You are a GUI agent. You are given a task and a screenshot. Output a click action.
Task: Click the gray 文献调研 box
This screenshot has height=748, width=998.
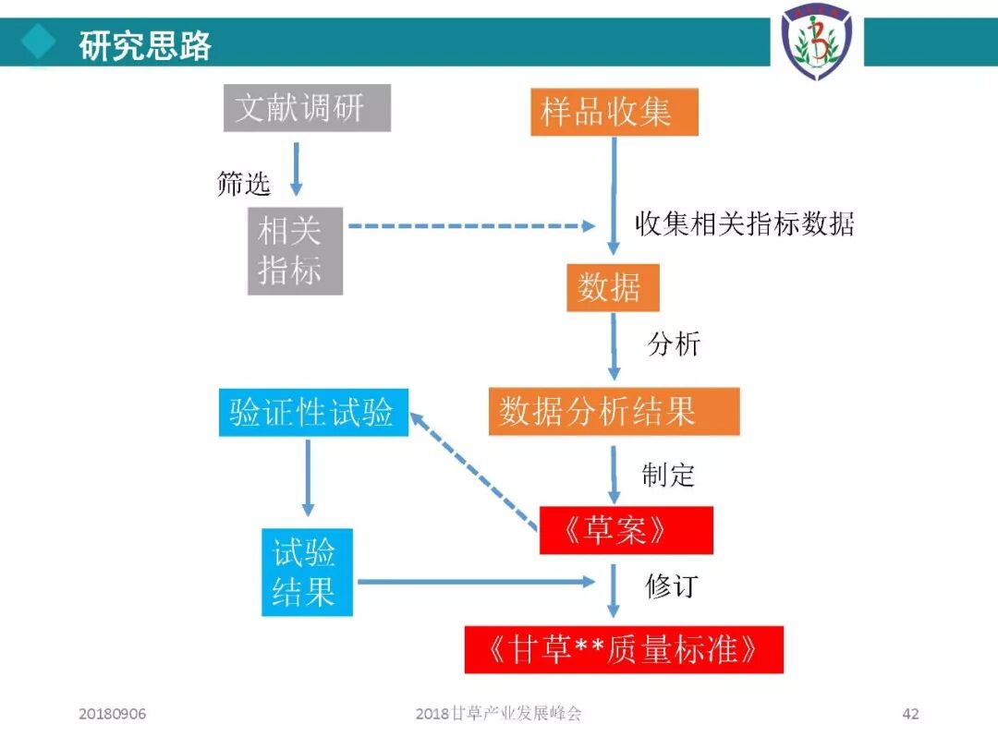click(307, 108)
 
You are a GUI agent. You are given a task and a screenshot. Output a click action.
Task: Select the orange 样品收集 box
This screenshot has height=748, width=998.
click(614, 112)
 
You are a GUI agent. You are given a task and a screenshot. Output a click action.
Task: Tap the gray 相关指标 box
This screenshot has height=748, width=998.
click(295, 250)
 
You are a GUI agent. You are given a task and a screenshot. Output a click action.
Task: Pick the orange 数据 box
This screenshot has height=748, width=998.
click(613, 287)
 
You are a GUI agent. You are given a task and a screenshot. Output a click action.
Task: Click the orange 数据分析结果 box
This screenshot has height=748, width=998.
click(614, 411)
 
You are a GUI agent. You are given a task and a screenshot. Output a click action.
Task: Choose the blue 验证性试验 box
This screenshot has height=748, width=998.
click(313, 413)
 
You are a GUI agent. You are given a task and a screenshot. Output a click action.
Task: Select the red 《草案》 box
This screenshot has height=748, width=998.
click(626, 530)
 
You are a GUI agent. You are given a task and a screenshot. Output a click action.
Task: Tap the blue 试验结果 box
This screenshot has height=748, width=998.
click(307, 572)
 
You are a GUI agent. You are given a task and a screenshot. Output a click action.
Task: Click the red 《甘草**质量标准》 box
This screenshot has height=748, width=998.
click(624, 650)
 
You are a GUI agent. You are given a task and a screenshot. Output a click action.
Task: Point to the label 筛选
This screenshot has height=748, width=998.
click(244, 184)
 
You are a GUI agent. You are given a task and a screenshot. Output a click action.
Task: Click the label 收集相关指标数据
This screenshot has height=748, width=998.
click(744, 223)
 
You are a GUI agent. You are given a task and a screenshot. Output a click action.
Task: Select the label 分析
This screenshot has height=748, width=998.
click(674, 344)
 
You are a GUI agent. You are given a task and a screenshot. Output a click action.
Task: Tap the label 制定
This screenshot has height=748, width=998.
click(668, 475)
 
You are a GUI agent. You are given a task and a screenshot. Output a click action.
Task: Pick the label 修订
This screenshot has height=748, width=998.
click(672, 585)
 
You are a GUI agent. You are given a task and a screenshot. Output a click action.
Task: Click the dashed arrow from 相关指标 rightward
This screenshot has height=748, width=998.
click(471, 225)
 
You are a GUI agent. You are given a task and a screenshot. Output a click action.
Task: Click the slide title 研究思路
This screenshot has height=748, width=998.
click(145, 44)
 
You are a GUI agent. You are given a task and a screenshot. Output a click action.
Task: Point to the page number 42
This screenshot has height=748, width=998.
click(910, 714)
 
